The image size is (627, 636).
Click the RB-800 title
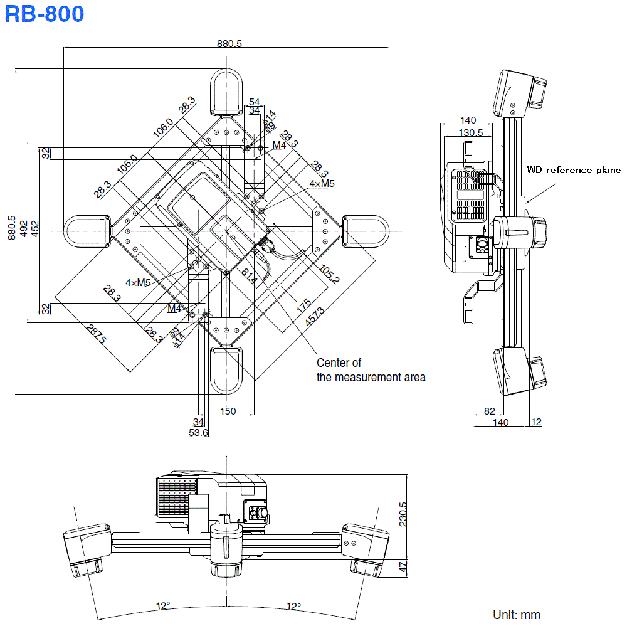point(44,14)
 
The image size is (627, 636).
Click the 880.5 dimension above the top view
point(229,43)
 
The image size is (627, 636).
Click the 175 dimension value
point(304,307)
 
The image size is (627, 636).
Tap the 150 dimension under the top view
point(228,411)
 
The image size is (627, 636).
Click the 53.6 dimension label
point(199,433)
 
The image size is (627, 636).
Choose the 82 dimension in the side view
point(490,411)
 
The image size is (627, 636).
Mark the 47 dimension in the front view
point(403,566)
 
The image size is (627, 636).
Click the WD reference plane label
point(573,170)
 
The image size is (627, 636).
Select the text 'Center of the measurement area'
point(371,370)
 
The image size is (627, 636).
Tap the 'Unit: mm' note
point(516,615)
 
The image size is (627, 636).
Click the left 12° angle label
point(163,606)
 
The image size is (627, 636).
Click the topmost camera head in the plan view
point(226,92)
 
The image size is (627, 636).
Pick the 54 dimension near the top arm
point(254,102)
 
